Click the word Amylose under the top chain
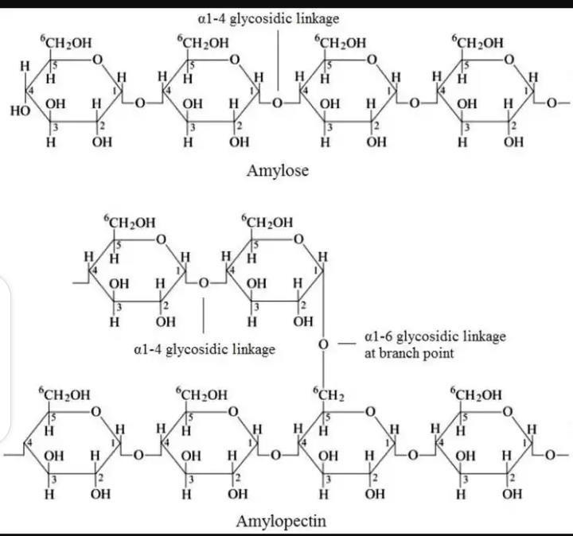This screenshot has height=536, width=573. [278, 171]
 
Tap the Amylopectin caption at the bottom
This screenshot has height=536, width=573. [282, 522]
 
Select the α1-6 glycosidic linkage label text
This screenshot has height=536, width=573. [434, 344]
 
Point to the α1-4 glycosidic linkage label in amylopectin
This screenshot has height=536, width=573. [204, 348]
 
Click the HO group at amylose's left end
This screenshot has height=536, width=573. [21, 111]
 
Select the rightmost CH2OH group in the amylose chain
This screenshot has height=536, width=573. [477, 42]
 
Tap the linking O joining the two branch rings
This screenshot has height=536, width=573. [204, 282]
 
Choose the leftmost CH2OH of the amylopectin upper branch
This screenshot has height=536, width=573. [129, 222]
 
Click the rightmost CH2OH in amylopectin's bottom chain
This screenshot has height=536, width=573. [477, 394]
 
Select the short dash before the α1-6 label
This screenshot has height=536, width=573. [343, 344]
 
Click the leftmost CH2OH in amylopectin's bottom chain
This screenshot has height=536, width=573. [65, 394]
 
